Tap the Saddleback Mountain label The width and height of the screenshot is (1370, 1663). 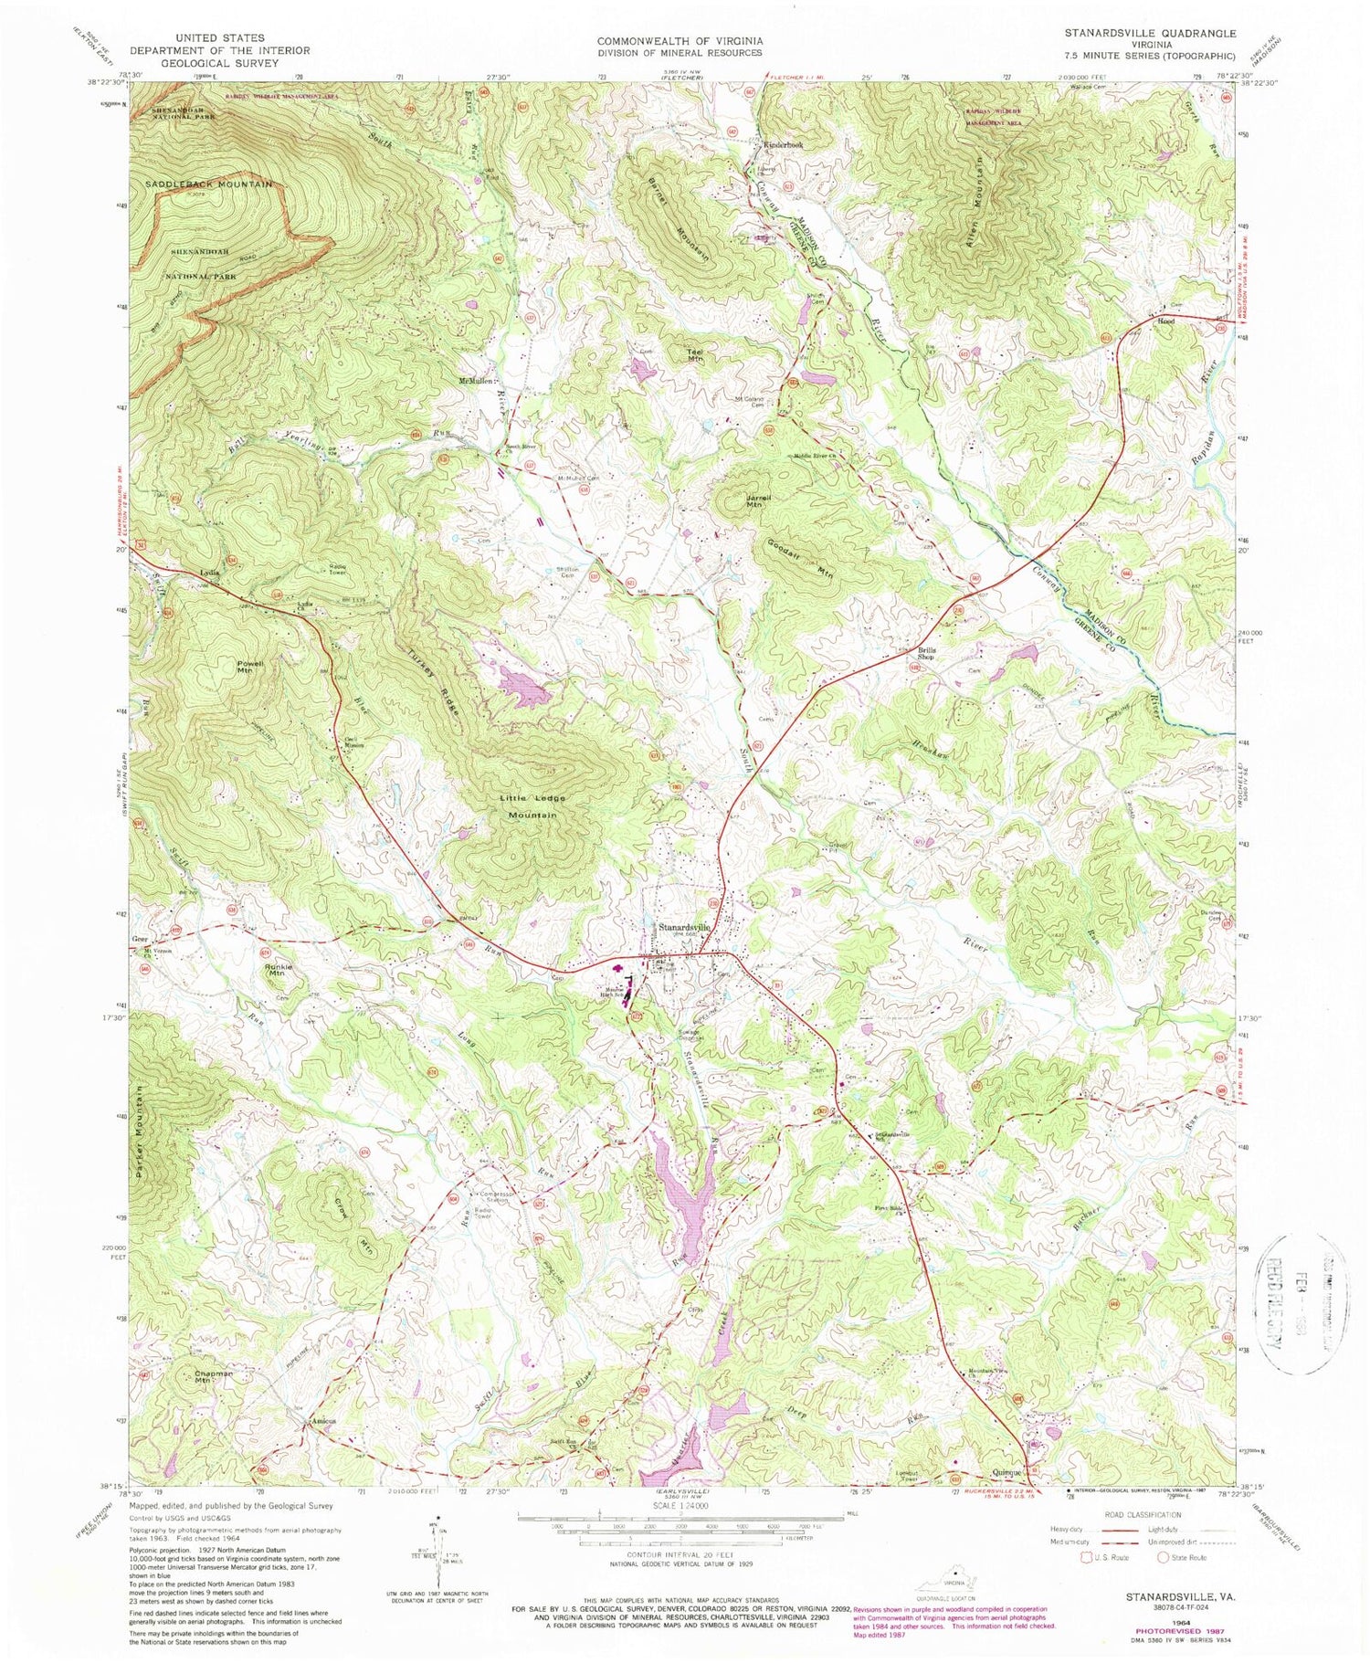[x=208, y=184]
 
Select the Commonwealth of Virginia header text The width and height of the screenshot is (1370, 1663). [x=680, y=41]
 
